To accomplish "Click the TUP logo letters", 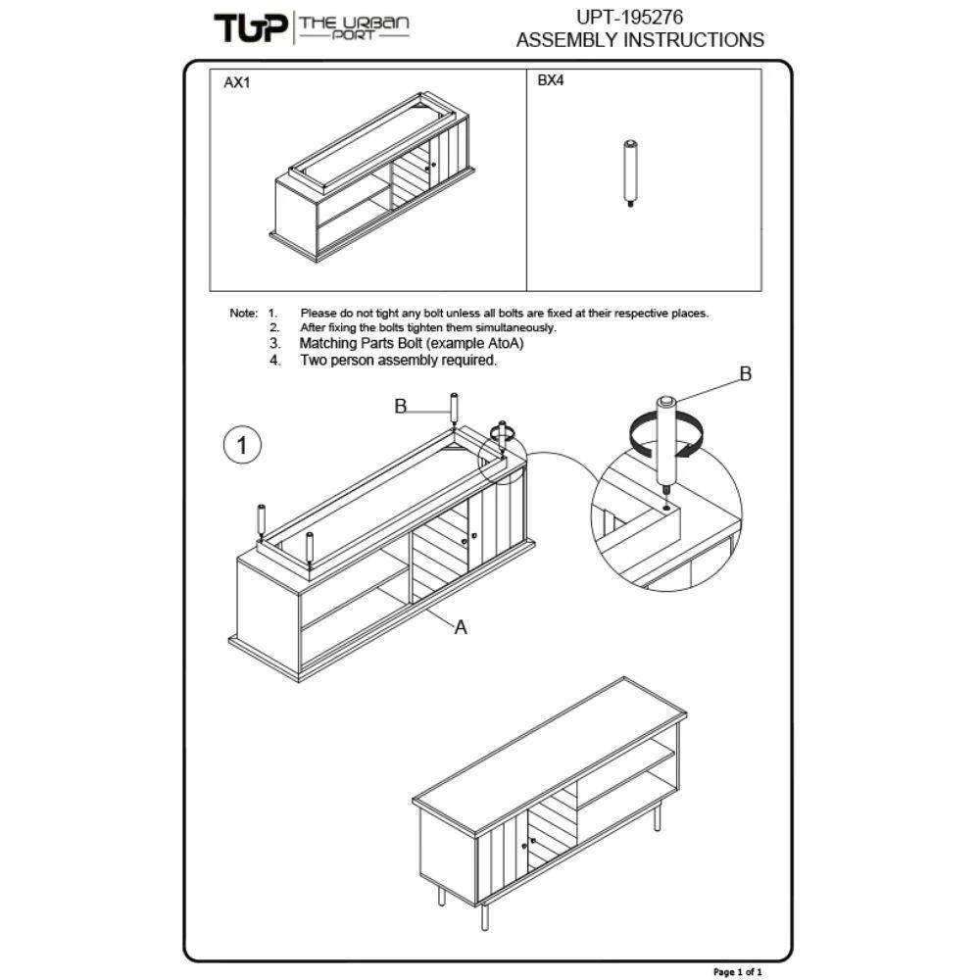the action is [251, 28].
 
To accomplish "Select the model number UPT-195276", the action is [629, 17].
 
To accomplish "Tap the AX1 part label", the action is [237, 82].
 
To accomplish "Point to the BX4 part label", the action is [551, 80].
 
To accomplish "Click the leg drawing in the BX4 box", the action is [630, 173].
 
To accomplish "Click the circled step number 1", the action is [242, 445].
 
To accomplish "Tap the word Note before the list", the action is [243, 314].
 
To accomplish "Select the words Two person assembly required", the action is [398, 360].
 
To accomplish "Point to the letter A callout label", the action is [461, 627].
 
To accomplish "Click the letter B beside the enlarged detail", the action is [745, 373].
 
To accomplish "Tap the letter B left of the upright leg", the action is [401, 407].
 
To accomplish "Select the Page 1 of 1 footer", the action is [738, 971].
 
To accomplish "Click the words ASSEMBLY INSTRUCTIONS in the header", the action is [640, 40].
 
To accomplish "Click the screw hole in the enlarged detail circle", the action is [666, 508].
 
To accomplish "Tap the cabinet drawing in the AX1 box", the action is [372, 177].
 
